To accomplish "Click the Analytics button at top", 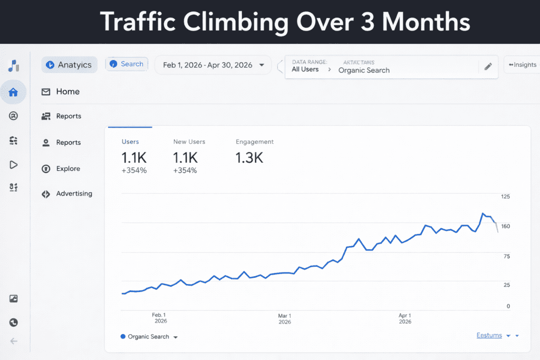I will click(x=70, y=65).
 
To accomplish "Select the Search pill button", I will click(x=127, y=64).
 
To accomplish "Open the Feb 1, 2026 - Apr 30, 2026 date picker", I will click(x=214, y=65).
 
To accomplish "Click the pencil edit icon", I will click(x=488, y=66).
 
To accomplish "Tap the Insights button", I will click(x=522, y=65).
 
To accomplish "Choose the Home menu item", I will click(x=67, y=92).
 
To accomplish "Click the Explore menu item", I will click(x=68, y=169).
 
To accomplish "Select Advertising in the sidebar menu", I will click(x=74, y=193).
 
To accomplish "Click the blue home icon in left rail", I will click(x=13, y=92).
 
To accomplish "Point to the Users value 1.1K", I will click(x=133, y=157).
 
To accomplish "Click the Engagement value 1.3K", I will click(x=249, y=157).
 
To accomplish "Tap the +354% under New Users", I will click(x=185, y=170).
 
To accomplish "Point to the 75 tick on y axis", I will click(x=507, y=256).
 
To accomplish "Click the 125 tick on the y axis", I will click(x=505, y=197).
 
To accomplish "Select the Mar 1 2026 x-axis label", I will click(x=284, y=318).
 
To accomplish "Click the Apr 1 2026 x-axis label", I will click(x=405, y=318).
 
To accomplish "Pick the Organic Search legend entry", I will click(x=148, y=337).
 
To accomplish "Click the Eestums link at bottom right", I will click(x=489, y=335).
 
